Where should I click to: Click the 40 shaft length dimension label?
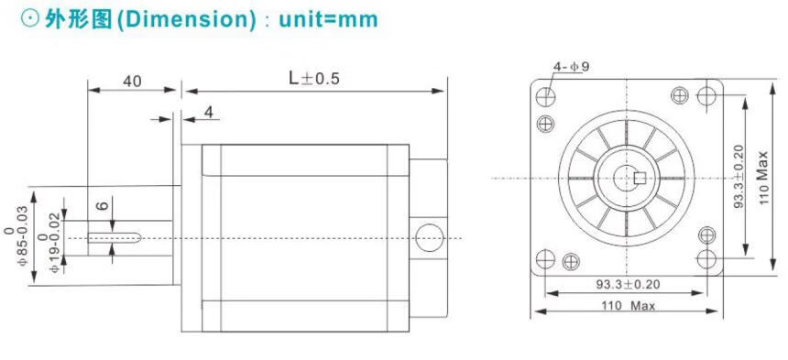tap(132, 82)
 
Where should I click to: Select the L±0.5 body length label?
tap(314, 79)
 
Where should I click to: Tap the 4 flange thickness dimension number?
tap(209, 112)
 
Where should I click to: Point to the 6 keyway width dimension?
tap(103, 204)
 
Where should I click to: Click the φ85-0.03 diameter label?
tap(16, 235)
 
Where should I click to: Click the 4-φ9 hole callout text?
tap(571, 66)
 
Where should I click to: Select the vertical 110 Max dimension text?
tap(764, 178)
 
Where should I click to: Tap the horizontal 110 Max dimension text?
tap(629, 305)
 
